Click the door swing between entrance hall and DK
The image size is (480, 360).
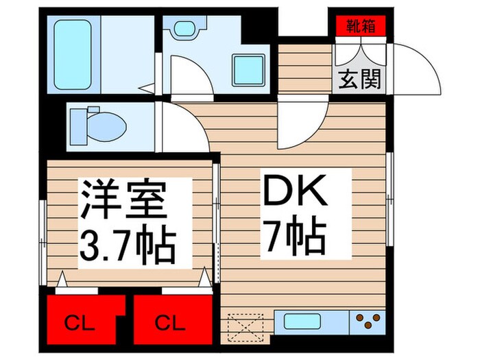[x=302, y=127]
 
